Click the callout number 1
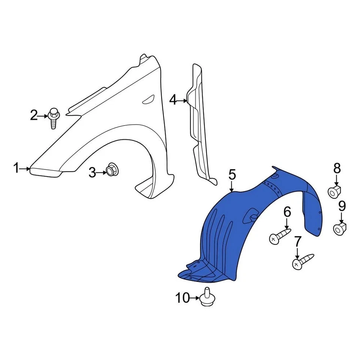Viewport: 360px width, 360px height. pos(16,168)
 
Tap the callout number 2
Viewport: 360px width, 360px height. pos(34,115)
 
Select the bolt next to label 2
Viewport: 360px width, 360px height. pos(53,117)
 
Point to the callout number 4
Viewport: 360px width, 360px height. pos(172,100)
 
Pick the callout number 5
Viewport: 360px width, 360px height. pos(232,175)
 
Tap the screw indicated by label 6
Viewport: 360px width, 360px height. pos(279,236)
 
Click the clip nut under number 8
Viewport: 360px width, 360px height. pos(335,192)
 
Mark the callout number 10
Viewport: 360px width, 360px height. pos(183,298)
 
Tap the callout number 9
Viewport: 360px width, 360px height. pos(342,206)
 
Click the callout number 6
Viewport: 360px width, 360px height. pos(287,212)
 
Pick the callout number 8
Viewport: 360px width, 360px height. pos(336,168)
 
